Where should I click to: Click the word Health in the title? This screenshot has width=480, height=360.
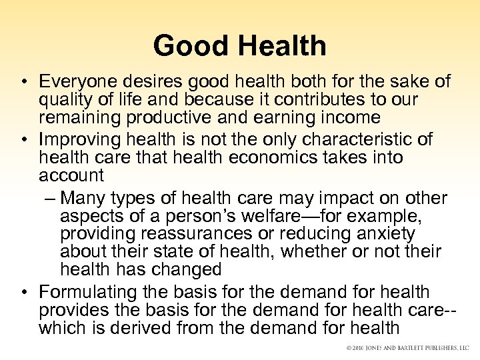click(280, 46)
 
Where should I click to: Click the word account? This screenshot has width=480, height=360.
click(72, 176)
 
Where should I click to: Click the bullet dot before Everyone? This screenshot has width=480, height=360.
click(23, 83)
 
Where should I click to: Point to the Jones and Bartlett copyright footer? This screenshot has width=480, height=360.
click(407, 348)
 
